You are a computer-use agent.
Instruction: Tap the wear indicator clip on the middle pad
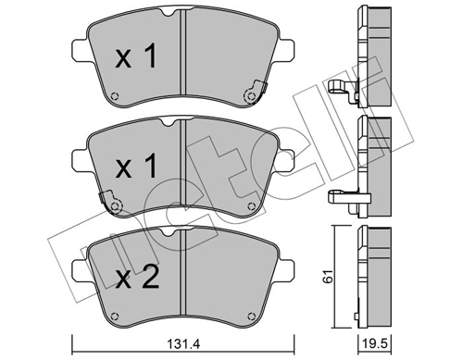click(111, 199)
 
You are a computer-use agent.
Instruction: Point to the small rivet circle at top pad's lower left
click(114, 100)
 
